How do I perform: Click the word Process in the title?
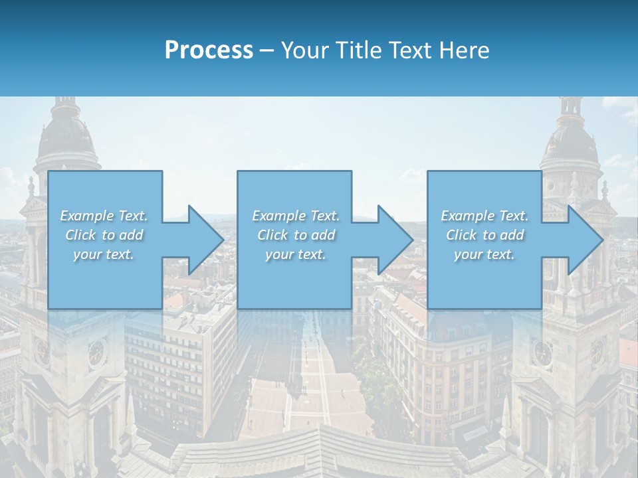[x=209, y=50]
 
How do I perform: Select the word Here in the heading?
[x=464, y=50]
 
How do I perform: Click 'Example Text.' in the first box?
[x=104, y=216]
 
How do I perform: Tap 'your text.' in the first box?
[x=104, y=254]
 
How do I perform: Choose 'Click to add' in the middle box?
[x=296, y=235]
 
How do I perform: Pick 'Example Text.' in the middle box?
[x=296, y=216]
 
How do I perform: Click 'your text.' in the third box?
[x=484, y=254]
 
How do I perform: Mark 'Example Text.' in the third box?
[x=484, y=216]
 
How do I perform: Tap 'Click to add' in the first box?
[x=104, y=235]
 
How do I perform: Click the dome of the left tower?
[x=66, y=136]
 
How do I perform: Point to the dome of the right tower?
[x=570, y=139]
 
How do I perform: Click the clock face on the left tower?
[x=97, y=353]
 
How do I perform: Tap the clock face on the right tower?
[x=542, y=353]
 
